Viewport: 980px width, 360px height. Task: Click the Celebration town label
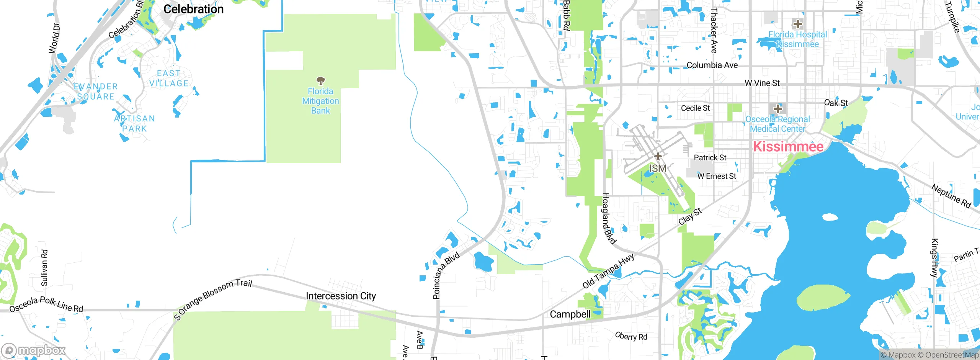coord(193,9)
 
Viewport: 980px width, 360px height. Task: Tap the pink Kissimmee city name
coord(788,147)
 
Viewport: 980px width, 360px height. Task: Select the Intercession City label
coord(341,296)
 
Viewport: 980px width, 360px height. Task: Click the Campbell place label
coord(570,314)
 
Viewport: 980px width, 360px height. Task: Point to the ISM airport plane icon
coord(658,156)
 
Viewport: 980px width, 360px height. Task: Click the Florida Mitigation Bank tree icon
coord(320,81)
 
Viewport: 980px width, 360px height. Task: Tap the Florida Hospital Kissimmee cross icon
coord(797,24)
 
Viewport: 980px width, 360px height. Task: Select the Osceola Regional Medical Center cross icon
coord(777,108)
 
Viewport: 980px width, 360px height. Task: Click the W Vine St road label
coord(762,83)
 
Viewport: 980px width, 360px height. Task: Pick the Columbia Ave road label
coord(712,65)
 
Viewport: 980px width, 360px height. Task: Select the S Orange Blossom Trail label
coord(212,299)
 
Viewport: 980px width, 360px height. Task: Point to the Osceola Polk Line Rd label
coord(46,304)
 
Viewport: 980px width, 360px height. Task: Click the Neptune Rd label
coord(951,196)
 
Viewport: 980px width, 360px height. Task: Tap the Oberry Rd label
coord(631,336)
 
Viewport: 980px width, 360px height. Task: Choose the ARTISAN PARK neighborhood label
coord(134,124)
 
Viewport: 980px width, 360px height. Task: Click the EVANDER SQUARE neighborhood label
coord(96,92)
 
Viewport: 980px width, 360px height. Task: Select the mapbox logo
coord(33,350)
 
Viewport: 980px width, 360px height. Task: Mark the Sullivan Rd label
coord(44,268)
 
